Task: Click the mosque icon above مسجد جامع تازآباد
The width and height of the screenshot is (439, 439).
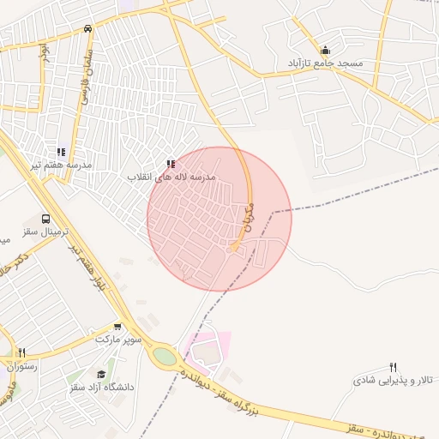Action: click(x=325, y=49)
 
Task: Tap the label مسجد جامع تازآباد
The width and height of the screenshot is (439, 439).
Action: click(x=326, y=63)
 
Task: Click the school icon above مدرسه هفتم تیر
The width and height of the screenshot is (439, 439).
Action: click(x=61, y=152)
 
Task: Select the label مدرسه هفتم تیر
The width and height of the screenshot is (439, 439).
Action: click(x=61, y=165)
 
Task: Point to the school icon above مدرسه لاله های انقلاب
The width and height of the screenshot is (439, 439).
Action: click(x=171, y=163)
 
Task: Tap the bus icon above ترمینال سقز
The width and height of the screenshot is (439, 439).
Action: click(x=45, y=219)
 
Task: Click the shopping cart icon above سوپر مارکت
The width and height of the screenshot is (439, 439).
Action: click(x=117, y=327)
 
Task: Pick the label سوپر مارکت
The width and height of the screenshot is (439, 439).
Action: click(x=120, y=340)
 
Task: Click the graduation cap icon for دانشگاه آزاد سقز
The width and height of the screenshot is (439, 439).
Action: click(x=101, y=375)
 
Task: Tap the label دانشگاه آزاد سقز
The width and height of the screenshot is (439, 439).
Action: click(x=103, y=388)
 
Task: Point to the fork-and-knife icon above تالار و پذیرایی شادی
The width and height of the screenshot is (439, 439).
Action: click(x=394, y=367)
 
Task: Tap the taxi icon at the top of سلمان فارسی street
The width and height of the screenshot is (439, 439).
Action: click(x=88, y=28)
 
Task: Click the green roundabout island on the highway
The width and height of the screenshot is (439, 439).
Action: click(x=163, y=356)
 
